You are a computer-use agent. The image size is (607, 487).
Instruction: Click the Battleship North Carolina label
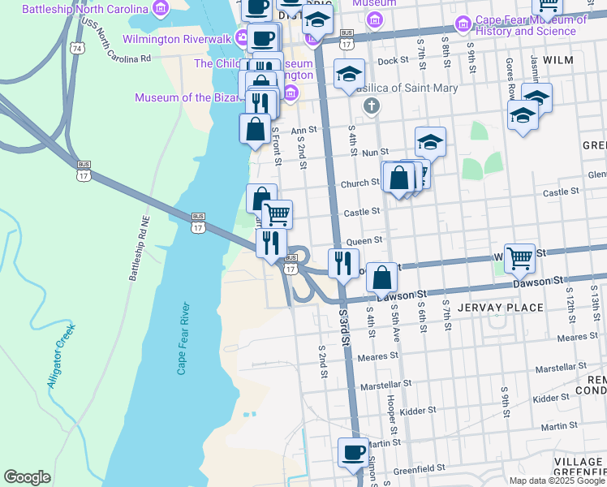[84, 10]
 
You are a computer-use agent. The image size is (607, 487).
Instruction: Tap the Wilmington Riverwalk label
[176, 38]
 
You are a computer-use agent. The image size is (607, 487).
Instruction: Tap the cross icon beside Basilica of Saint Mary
[372, 105]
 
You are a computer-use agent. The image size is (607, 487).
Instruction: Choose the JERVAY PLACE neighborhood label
[500, 308]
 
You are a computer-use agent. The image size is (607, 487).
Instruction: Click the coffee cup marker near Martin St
[352, 452]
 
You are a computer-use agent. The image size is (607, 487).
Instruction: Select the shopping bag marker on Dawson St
[381, 277]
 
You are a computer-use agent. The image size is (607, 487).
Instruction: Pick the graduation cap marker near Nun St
[430, 142]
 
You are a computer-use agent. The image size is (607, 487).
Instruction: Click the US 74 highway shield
[75, 49]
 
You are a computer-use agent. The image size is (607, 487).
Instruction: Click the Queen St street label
[363, 241]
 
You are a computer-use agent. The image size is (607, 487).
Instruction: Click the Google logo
[27, 477]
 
